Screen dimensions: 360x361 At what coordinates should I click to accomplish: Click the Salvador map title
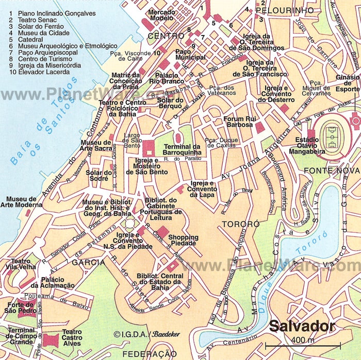302,326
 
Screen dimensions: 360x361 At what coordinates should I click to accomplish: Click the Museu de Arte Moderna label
21,202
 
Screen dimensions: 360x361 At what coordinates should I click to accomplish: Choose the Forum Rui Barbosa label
240,122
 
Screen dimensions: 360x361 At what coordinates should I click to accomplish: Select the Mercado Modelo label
161,15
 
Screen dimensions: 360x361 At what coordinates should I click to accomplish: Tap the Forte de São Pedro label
19,307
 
